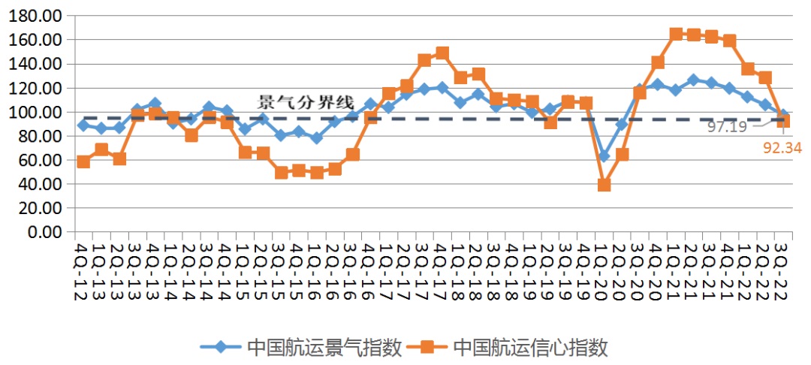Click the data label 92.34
[x=782, y=148]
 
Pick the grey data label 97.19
[x=727, y=127]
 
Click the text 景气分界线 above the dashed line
[x=306, y=102]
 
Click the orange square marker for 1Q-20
[x=604, y=185]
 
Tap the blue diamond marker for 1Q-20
[x=604, y=155]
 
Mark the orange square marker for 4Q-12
[x=83, y=161]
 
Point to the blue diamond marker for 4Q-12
[x=83, y=125]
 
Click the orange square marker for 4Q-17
[x=442, y=53]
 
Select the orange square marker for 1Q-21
[x=676, y=35]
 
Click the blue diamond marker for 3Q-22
[x=783, y=115]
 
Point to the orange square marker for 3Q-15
[x=282, y=172]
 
